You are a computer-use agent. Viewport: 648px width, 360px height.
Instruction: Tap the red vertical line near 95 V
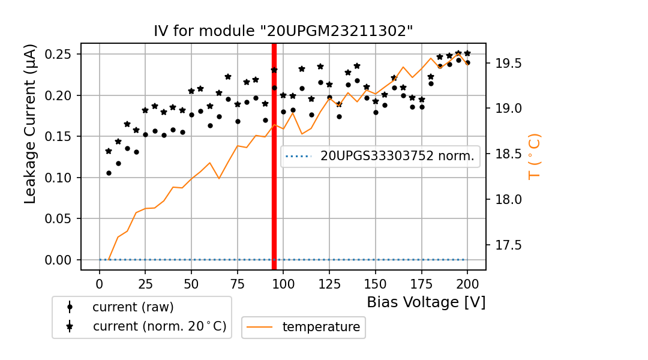[274, 180]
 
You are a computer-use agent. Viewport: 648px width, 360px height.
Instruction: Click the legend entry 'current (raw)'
[133, 307]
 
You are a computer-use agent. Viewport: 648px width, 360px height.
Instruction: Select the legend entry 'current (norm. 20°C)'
[159, 327]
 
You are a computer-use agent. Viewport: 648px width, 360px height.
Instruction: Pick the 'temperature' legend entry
[321, 327]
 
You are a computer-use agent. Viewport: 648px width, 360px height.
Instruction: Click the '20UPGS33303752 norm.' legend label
[397, 157]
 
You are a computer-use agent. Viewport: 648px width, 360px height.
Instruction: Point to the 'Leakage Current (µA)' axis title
[31, 124]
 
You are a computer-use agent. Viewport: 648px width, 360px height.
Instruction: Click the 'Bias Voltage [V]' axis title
[426, 302]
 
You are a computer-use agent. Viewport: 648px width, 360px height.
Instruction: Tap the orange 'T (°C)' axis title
[534, 157]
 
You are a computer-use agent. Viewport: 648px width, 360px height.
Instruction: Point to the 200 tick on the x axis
[467, 283]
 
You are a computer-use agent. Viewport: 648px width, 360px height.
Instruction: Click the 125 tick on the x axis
[329, 283]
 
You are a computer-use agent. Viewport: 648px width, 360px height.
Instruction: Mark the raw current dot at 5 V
[109, 173]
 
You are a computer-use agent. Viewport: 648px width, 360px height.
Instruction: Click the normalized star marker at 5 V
[109, 151]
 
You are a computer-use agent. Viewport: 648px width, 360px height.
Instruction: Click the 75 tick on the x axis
[238, 283]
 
